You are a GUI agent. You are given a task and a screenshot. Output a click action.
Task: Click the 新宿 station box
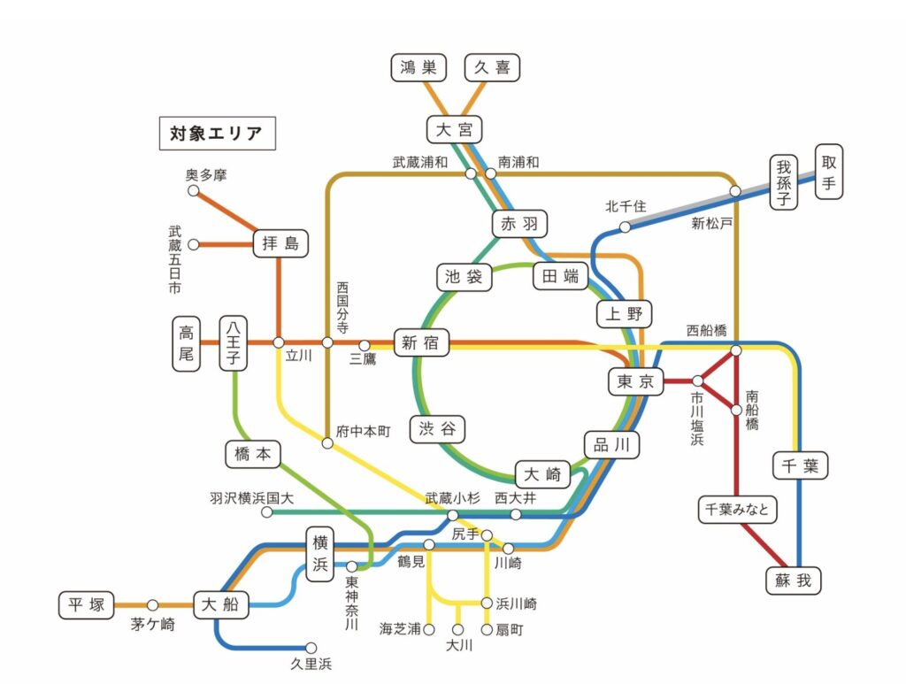pos(419,343)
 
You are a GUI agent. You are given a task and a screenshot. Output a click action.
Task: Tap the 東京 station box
pos(635,381)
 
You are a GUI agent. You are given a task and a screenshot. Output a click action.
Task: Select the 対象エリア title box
pos(217,134)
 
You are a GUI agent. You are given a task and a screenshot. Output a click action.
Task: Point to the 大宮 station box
pos(455,130)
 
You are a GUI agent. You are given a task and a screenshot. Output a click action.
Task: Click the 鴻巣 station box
pos(418,67)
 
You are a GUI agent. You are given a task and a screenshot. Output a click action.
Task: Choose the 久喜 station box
pos(492,67)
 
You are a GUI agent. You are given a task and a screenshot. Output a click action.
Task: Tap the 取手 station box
pos(828,172)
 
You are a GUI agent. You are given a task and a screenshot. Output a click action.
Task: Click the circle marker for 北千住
pos(625,227)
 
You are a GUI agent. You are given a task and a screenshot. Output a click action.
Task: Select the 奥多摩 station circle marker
pos(193,190)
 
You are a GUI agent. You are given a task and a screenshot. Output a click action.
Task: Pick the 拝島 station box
pos(280,243)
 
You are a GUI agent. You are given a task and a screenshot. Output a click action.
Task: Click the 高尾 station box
pos(186,344)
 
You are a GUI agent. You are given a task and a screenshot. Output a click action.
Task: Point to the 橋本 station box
pos(252,454)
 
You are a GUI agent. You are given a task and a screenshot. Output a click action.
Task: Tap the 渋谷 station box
pos(437,429)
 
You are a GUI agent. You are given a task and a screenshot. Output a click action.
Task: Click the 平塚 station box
pos(86,605)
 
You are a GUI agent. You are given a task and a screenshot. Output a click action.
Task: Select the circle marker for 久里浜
pos(311,648)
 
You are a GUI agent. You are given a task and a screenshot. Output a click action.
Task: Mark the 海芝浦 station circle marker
pos(429,629)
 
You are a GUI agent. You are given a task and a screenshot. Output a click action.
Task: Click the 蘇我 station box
pos(793,580)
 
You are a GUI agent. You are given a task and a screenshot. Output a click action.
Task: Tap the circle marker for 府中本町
pos(327,443)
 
